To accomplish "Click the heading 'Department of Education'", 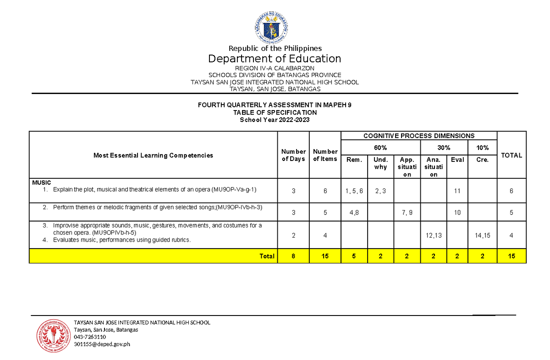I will tap(275, 59).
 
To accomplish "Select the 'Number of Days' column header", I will tap(293, 155).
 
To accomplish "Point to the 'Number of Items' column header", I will tap(325, 155).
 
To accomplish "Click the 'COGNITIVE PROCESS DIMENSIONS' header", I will tap(419, 136).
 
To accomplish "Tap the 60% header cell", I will tap(380, 148).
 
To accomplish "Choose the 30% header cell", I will tap(444, 148).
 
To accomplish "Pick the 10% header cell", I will tap(482, 148).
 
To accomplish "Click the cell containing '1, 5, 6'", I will tap(354, 190).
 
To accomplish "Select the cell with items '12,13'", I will tap(433, 235).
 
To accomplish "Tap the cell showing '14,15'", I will tap(482, 235).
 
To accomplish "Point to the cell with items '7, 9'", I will tap(407, 213).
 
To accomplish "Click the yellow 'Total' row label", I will tap(267, 256).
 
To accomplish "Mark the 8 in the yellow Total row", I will tap(293, 256).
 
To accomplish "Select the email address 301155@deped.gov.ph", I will tap(102, 345).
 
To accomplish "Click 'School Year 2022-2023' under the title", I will tap(275, 120).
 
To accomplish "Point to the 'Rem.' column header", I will tap(354, 160).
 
